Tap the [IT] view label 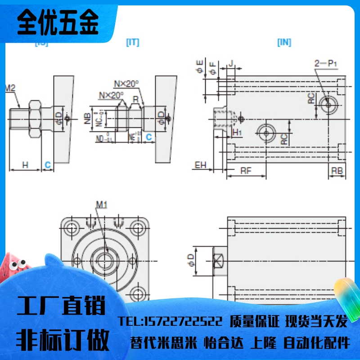[x=132, y=42]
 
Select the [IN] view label [x=284, y=42]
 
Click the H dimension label [x=25, y=165]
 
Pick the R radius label [x=135, y=99]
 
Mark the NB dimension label [x=87, y=118]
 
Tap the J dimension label [x=230, y=64]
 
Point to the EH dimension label [x=200, y=165]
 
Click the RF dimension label [x=246, y=171]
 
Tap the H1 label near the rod [x=237, y=132]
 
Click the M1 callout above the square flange [x=102, y=205]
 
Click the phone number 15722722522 [x=171, y=321]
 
